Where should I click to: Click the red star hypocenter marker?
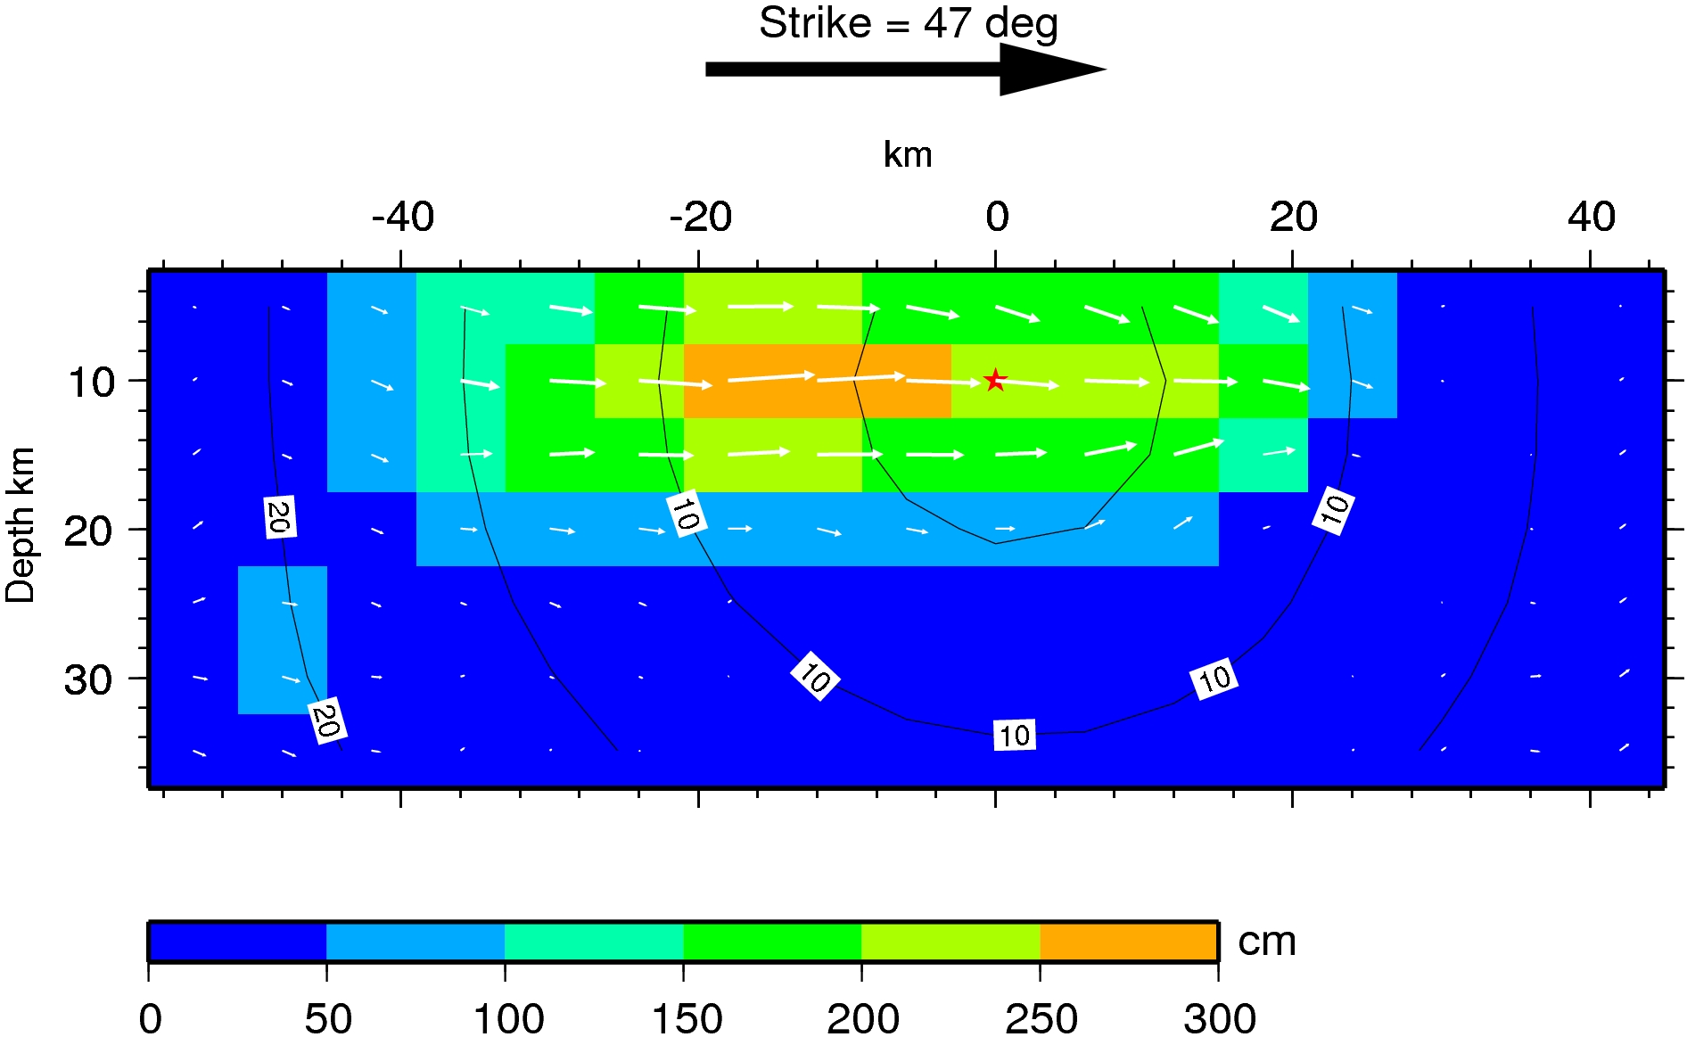995,381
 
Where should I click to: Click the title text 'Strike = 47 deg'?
908,24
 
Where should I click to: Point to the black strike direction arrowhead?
1052,69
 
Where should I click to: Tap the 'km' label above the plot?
908,155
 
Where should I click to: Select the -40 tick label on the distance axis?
403,217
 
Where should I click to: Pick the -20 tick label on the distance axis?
701,217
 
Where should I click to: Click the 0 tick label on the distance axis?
997,217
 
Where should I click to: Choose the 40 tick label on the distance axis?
1592,217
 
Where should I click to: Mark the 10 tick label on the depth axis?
91,383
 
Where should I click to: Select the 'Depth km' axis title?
21,526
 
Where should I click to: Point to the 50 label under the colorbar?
327,1018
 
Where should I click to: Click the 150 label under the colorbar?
687,1018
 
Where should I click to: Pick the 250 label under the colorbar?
1041,1018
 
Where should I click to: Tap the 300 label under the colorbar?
1220,1018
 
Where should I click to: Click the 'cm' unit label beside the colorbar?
1266,942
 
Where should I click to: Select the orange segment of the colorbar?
1129,942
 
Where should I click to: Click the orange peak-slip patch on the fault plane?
817,381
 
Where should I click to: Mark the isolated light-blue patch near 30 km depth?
282,639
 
